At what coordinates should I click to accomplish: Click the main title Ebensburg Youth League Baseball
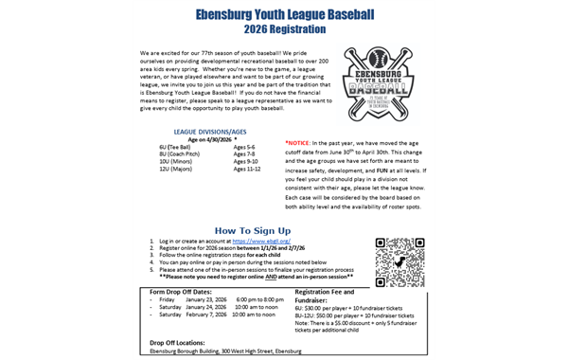click(x=283, y=15)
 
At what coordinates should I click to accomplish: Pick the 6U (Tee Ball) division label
click(x=177, y=148)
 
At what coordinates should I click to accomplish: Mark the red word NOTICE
click(x=301, y=141)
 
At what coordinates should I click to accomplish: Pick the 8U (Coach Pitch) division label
click(x=181, y=154)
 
